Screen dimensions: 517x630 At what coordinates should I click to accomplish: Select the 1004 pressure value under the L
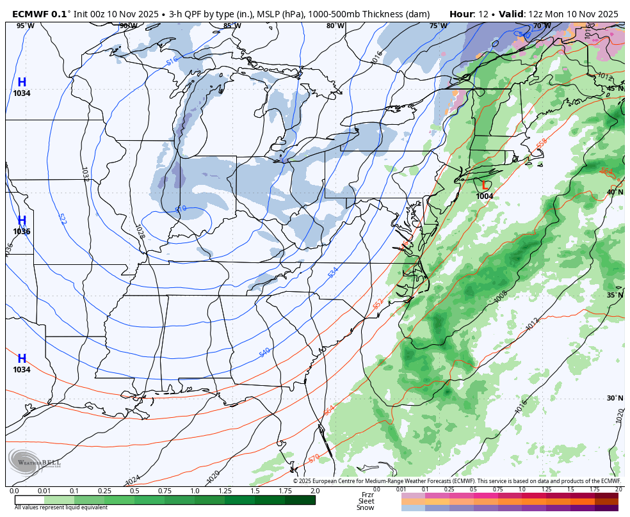pos(485,196)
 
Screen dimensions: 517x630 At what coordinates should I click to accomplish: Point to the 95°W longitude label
pos(25,26)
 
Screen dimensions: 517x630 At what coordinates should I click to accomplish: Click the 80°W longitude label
pos(335,26)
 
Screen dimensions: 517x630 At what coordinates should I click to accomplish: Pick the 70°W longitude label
pos(542,26)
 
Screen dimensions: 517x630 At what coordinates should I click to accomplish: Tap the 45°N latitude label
pos(615,89)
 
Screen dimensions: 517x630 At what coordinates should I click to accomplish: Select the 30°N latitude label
pos(615,398)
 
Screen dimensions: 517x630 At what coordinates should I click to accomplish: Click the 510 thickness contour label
pos(181,209)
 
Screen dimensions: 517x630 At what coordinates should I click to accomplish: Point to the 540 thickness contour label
pos(264,353)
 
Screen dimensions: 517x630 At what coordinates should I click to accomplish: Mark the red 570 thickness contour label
pos(314,458)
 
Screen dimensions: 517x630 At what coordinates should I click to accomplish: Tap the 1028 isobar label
pos(139,231)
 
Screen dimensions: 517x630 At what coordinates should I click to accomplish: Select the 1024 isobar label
pos(133,479)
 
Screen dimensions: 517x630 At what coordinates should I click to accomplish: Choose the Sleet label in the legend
pos(366,501)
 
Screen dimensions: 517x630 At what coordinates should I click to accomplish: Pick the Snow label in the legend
pos(366,507)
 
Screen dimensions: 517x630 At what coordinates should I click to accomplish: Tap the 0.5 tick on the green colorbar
pos(134,491)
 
